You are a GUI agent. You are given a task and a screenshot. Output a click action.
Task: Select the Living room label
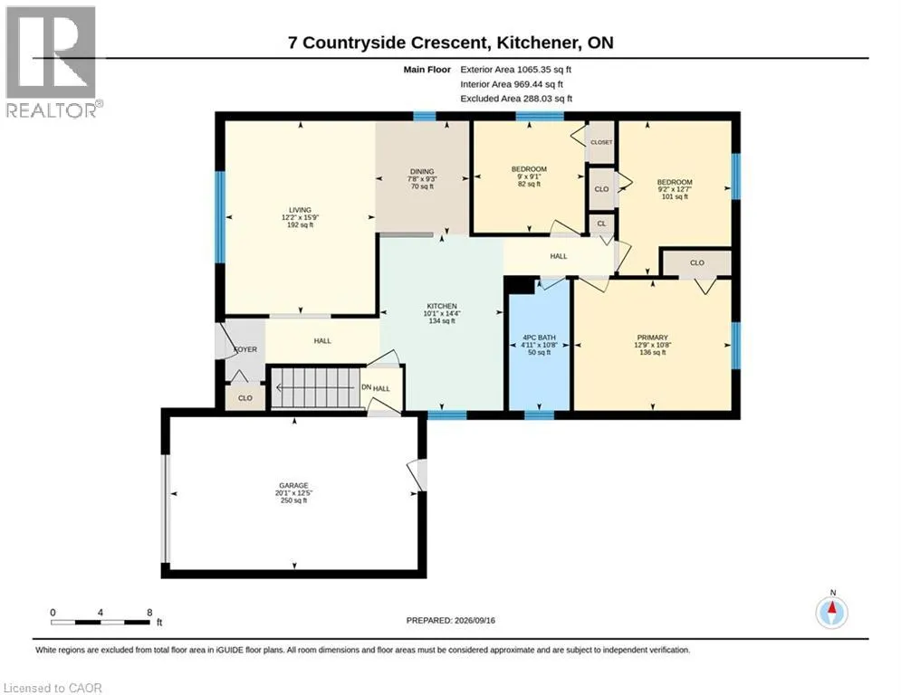pyautogui.click(x=300, y=218)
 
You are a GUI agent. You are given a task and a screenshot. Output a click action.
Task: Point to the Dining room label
pyautogui.click(x=422, y=178)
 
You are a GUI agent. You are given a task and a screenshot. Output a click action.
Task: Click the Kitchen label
pyautogui.click(x=442, y=314)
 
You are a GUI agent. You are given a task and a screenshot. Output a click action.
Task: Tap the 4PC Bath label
pyautogui.click(x=539, y=345)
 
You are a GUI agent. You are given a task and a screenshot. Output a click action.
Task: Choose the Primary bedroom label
pyautogui.click(x=652, y=345)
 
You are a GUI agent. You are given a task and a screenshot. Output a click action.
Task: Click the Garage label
pyautogui.click(x=293, y=493)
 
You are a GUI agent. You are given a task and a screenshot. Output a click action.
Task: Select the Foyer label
pyautogui.click(x=245, y=349)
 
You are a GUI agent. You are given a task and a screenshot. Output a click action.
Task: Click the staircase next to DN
pyautogui.click(x=315, y=387)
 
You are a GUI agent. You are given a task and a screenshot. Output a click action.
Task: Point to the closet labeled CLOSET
pyautogui.click(x=601, y=142)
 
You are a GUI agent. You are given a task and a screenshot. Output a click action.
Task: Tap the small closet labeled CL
pyautogui.click(x=601, y=224)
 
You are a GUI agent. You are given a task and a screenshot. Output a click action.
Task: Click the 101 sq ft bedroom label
pyautogui.click(x=675, y=189)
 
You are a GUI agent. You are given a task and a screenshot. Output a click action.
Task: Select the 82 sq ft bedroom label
pyautogui.click(x=529, y=176)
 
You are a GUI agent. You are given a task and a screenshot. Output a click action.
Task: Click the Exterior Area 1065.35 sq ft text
pyautogui.click(x=515, y=70)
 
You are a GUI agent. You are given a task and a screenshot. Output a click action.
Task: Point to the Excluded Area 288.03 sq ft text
pyautogui.click(x=516, y=99)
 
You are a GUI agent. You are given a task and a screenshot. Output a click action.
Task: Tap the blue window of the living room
pyautogui.click(x=219, y=217)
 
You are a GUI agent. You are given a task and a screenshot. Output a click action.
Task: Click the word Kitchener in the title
pyautogui.click(x=537, y=43)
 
